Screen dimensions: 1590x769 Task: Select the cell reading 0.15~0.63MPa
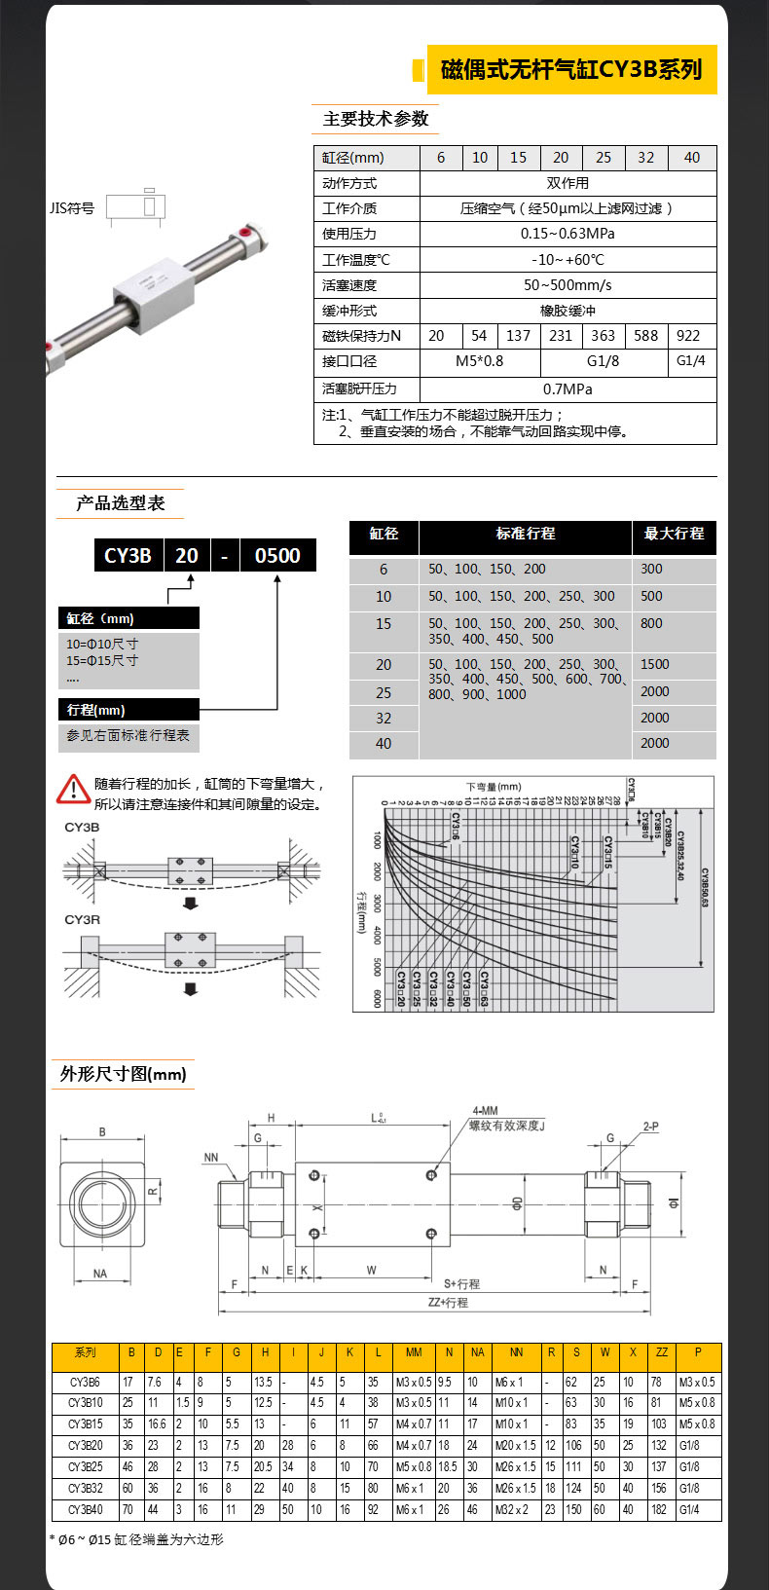click(568, 234)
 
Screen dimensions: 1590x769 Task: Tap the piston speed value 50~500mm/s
click(568, 285)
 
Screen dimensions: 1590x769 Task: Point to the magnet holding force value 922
click(688, 336)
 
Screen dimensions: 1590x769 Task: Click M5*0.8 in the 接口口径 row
click(480, 361)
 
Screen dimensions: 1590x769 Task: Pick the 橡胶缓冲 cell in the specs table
click(568, 311)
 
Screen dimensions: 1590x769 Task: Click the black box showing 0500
click(277, 556)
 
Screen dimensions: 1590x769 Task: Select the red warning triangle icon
click(73, 789)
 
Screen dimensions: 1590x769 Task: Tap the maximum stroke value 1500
click(655, 664)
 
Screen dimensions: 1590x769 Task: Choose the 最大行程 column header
click(674, 534)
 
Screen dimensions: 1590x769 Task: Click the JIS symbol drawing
click(138, 207)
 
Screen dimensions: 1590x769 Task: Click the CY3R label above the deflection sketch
click(83, 919)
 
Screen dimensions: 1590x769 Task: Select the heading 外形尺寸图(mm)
click(123, 1074)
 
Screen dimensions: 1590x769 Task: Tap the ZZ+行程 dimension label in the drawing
click(448, 1302)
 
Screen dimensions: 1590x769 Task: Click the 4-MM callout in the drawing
click(485, 1111)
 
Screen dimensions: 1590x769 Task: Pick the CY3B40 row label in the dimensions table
click(86, 1510)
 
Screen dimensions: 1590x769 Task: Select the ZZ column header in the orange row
click(662, 1352)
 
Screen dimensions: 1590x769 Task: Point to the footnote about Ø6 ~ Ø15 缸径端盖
click(136, 1539)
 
